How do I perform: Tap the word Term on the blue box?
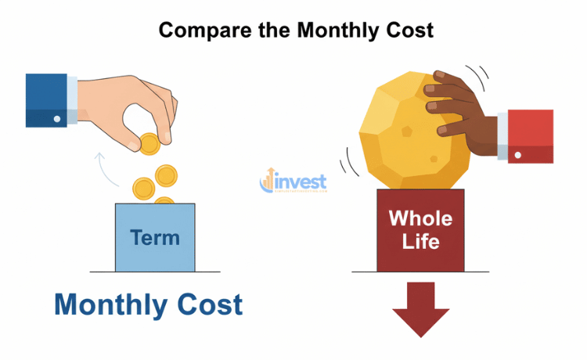click(155, 236)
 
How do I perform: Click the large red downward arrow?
click(421, 309)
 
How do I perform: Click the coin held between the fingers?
click(149, 143)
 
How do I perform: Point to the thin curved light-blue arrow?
click(106, 168)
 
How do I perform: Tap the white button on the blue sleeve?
click(56, 118)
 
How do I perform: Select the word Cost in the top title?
click(408, 30)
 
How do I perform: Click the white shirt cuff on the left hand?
click(73, 100)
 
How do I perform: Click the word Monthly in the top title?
click(333, 30)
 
